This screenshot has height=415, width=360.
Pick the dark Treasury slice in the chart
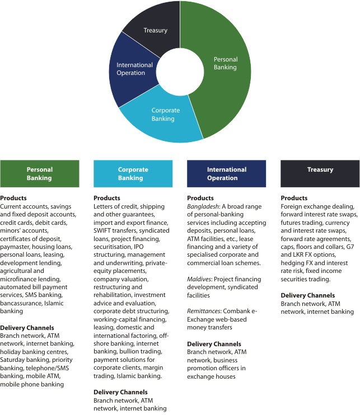154,28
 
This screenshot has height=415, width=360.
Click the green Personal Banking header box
39,173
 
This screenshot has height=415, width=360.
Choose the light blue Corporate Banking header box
133,173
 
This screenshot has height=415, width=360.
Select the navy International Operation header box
226,173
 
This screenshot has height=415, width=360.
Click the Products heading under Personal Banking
13,198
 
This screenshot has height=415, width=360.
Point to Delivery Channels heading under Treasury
307,295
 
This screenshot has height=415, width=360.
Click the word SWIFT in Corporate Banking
103,230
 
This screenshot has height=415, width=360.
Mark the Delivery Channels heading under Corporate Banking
120,392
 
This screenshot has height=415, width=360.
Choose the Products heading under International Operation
200,198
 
